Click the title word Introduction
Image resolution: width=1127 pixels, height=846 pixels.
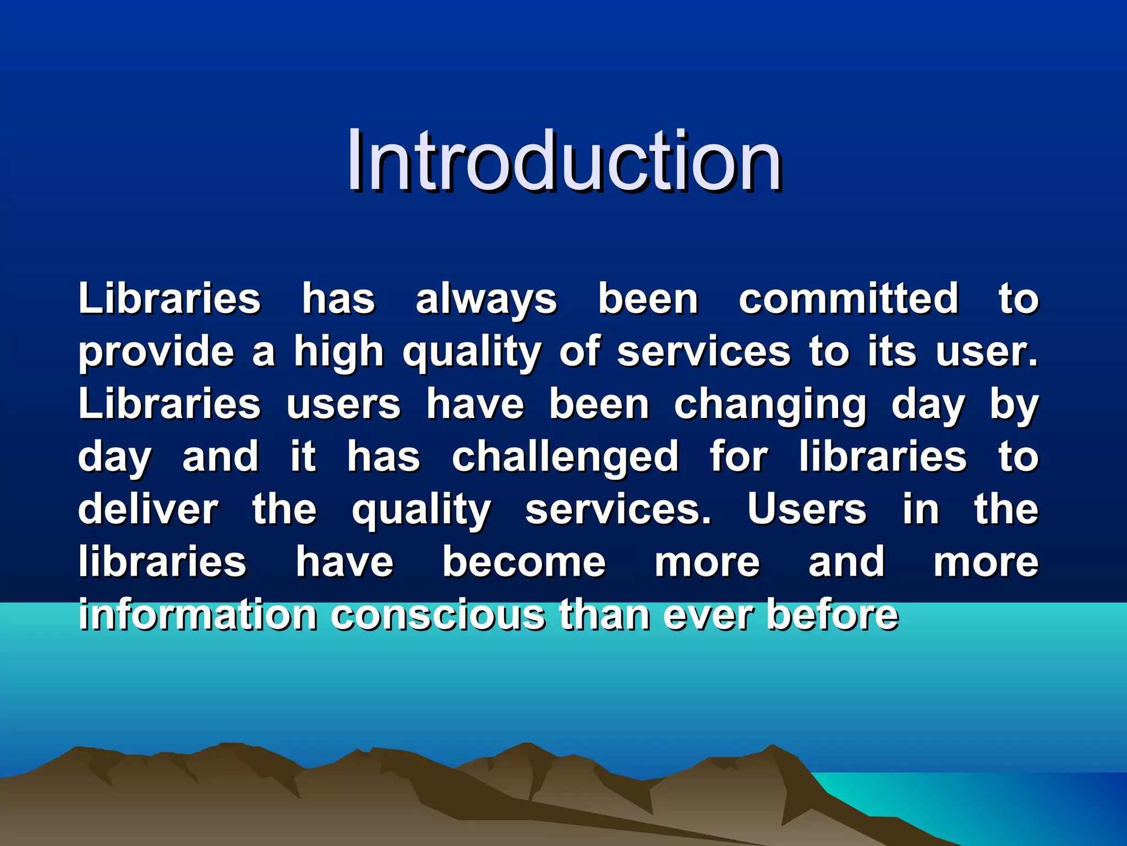[563, 161]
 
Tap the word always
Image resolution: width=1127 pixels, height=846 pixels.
[486, 300]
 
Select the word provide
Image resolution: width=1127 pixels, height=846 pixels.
[156, 352]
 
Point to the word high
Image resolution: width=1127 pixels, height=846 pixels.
[338, 352]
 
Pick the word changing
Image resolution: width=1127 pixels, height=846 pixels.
[770, 405]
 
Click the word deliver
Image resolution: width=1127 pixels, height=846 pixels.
[147, 510]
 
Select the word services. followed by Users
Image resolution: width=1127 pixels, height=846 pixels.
[618, 510]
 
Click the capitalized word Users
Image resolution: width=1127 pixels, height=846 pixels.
[806, 510]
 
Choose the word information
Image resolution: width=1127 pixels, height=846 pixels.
[197, 615]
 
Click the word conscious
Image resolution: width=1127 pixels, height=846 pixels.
[437, 615]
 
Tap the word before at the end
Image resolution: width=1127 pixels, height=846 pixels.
[832, 615]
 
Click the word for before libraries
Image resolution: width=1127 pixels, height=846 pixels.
[738, 457]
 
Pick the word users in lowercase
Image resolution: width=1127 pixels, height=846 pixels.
[343, 405]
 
